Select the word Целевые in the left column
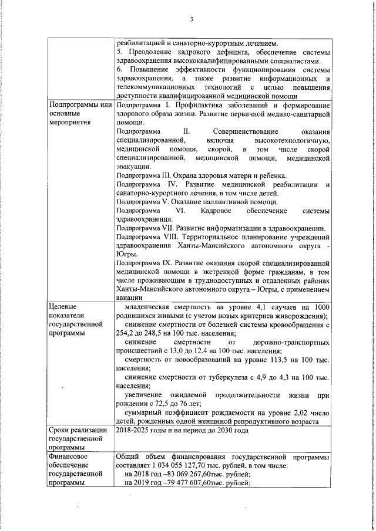coord(62,307)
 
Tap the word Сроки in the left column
coord(60,430)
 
